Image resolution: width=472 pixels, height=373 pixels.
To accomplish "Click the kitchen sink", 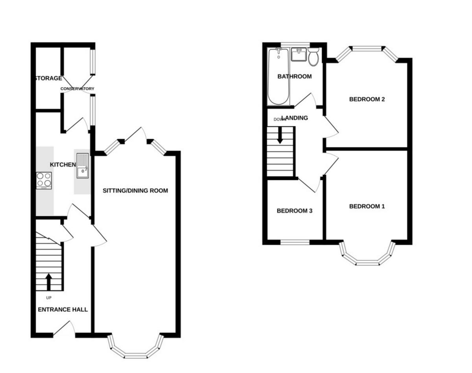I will click(x=83, y=165).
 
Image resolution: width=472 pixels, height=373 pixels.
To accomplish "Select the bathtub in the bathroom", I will click(x=278, y=76).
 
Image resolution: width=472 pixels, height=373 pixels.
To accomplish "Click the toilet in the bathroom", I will click(x=313, y=57).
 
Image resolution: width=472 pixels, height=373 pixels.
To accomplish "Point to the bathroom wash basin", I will click(x=299, y=54).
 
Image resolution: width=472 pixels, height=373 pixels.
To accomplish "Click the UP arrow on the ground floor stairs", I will click(x=48, y=281).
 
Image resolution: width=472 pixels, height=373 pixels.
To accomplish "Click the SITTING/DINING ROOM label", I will click(x=135, y=191).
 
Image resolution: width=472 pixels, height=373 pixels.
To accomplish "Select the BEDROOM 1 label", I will click(x=367, y=207).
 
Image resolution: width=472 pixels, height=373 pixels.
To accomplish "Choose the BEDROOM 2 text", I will click(x=367, y=99).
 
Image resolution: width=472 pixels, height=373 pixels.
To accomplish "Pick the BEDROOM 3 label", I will click(x=294, y=211).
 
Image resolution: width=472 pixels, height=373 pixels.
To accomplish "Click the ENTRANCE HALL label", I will click(x=63, y=310).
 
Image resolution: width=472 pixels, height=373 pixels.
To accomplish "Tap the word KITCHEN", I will click(x=63, y=164).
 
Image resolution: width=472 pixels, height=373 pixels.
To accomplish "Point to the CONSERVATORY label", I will click(x=77, y=89).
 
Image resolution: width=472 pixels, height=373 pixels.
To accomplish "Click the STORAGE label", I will click(x=48, y=78).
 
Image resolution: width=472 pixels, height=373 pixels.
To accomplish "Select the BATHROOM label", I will click(x=294, y=76).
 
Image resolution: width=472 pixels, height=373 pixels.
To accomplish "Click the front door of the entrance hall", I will click(x=64, y=330).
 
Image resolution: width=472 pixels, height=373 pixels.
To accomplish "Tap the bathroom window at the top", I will click(x=295, y=44).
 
